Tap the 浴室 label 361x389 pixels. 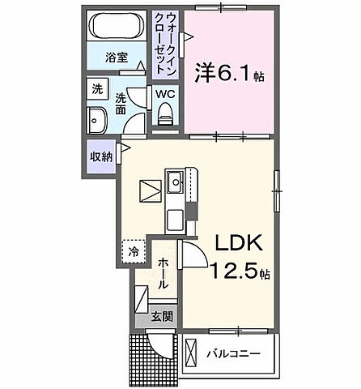click(x=117, y=58)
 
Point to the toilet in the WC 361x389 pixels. click(x=166, y=118)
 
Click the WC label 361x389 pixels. click(x=165, y=94)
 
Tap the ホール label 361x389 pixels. click(x=163, y=272)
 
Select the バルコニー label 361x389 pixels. click(x=236, y=354)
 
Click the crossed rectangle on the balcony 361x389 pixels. click(x=193, y=353)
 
